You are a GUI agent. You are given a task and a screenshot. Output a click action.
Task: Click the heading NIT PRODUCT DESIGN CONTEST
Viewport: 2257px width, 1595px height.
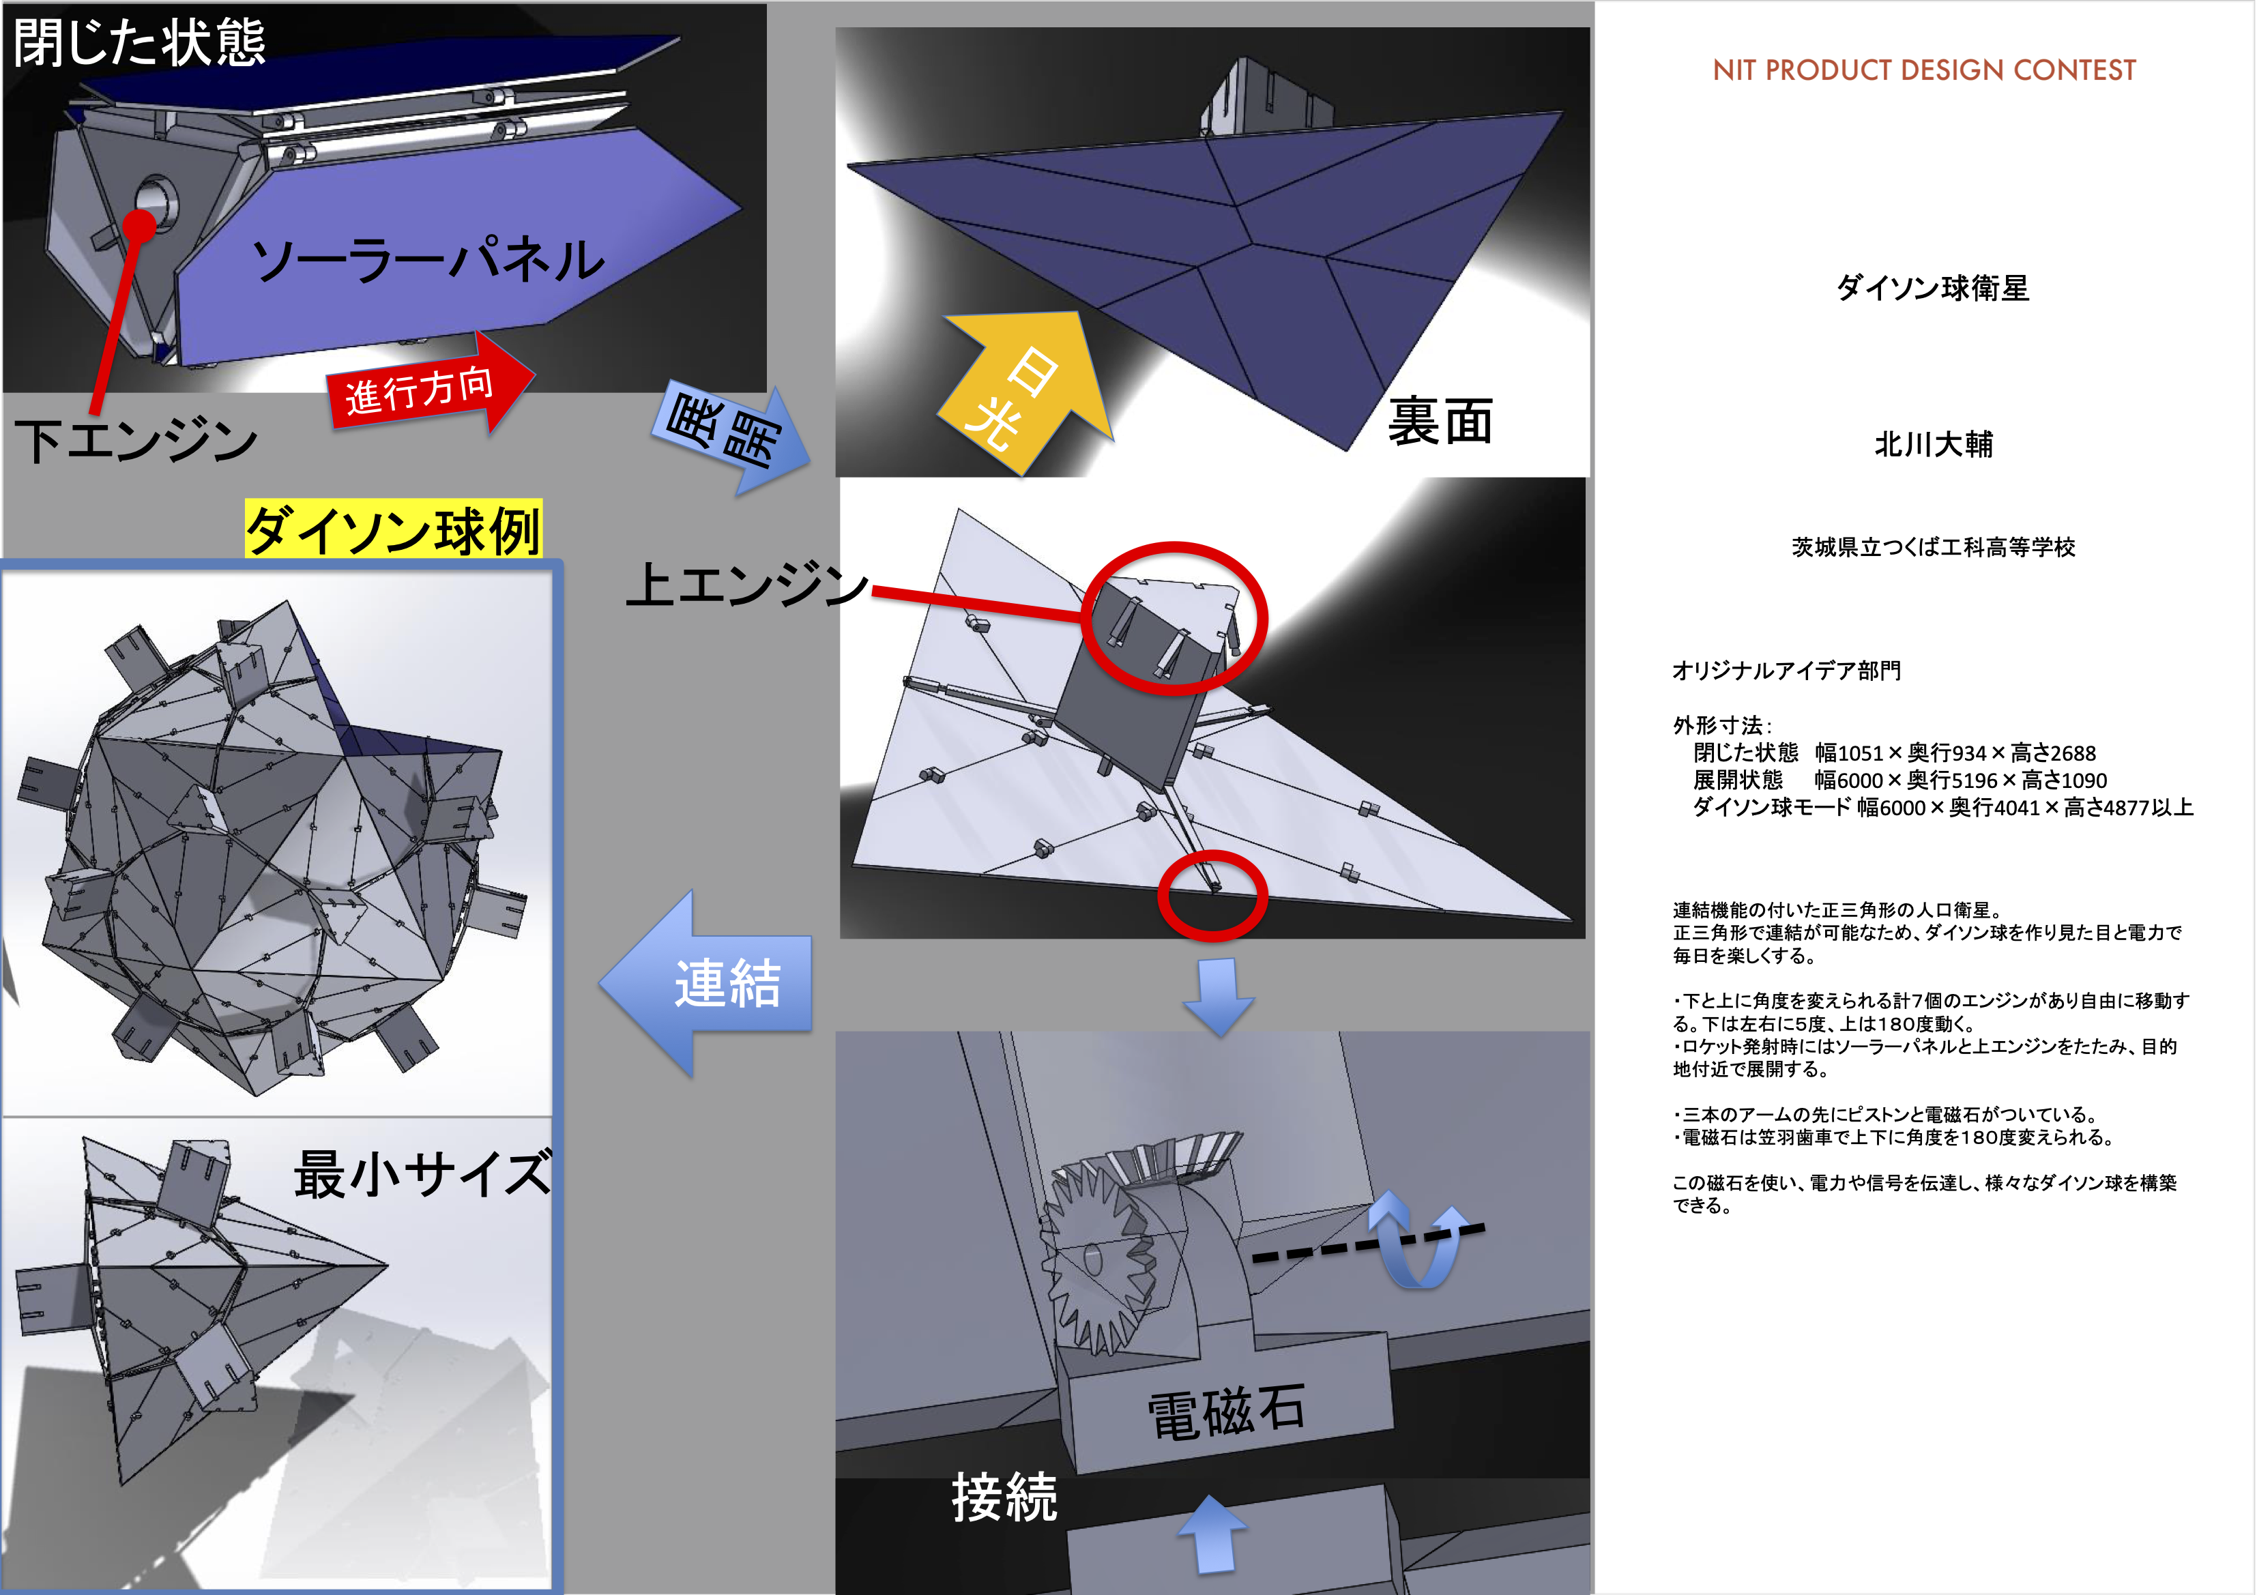click(x=1924, y=71)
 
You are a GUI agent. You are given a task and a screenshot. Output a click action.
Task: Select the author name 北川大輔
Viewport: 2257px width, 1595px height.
click(x=1934, y=444)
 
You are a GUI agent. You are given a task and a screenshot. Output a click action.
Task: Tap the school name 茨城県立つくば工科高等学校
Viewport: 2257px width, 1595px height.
click(x=1933, y=547)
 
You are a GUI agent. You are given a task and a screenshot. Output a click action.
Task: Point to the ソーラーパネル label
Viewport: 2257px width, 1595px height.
click(x=428, y=259)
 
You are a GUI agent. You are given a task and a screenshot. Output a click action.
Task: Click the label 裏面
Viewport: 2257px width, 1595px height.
click(x=1440, y=422)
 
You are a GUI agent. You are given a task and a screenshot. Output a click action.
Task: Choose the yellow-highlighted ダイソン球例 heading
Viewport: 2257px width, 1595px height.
click(x=393, y=529)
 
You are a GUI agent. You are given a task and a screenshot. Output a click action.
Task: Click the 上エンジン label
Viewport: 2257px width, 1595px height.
click(x=747, y=584)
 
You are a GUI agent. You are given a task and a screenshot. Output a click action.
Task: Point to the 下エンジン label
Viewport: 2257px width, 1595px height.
click(x=136, y=439)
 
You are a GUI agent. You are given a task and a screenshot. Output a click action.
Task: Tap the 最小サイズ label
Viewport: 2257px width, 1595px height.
click(x=423, y=1173)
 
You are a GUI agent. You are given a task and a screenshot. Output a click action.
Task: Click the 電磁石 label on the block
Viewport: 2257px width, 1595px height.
click(x=1227, y=1412)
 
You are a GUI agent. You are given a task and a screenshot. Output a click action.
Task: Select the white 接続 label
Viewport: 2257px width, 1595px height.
click(x=1004, y=1497)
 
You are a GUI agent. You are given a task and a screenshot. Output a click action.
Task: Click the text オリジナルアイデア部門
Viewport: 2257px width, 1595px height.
click(x=1786, y=670)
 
